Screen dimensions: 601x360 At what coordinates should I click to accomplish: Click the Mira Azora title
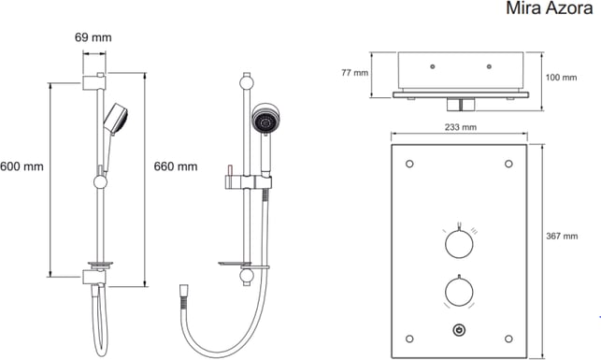coord(550,8)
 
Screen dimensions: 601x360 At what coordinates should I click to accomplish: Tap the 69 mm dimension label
coord(93,37)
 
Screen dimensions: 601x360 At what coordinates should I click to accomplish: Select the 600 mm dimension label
coord(21,166)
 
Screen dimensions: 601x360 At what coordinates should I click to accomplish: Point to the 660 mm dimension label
coord(176,166)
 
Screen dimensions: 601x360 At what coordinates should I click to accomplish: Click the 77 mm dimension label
coord(354,72)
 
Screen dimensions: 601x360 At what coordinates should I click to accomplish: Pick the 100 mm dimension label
coord(561,78)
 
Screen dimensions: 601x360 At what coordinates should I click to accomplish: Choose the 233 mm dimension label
coord(461,127)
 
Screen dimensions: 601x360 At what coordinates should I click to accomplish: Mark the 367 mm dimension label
coord(562,237)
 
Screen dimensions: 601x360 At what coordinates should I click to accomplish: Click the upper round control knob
coord(459,244)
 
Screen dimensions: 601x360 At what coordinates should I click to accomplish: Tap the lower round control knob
coord(459,292)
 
